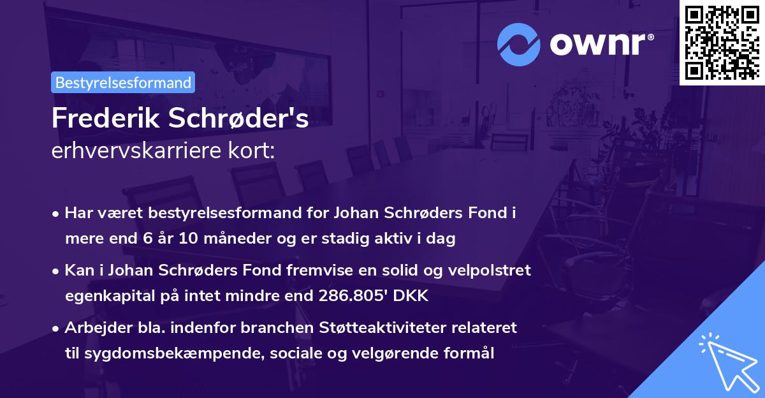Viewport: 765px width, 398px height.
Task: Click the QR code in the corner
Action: (722, 42)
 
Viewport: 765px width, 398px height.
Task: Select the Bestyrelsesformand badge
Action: (123, 82)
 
